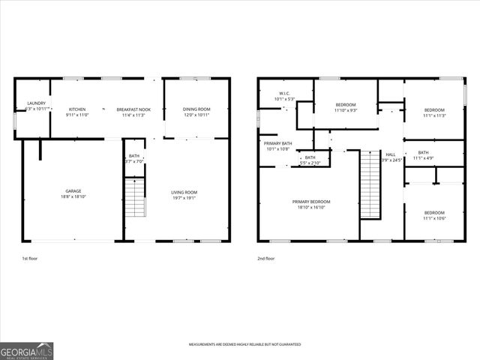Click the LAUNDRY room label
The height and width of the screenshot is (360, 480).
pos(36,103)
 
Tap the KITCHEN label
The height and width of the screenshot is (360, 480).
pos(78,109)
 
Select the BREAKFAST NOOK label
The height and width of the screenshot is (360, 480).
pos(133,109)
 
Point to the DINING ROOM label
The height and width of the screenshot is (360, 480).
pos(196,109)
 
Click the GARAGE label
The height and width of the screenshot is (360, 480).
pos(73,190)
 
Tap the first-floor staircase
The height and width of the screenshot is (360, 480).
pos(133,198)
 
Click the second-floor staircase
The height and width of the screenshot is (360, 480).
pos(370,184)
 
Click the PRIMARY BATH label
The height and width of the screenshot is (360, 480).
pos(277,142)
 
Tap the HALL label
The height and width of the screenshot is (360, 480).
pos(391,154)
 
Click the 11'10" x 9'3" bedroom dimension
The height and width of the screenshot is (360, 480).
pos(345,110)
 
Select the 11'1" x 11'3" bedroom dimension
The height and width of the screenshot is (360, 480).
pos(433,115)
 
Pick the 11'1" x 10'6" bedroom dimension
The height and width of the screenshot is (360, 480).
pos(433,217)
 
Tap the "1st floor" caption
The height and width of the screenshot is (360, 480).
pos(29,258)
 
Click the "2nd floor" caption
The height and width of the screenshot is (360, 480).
pos(265,258)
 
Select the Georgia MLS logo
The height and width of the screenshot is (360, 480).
pos(27,350)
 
